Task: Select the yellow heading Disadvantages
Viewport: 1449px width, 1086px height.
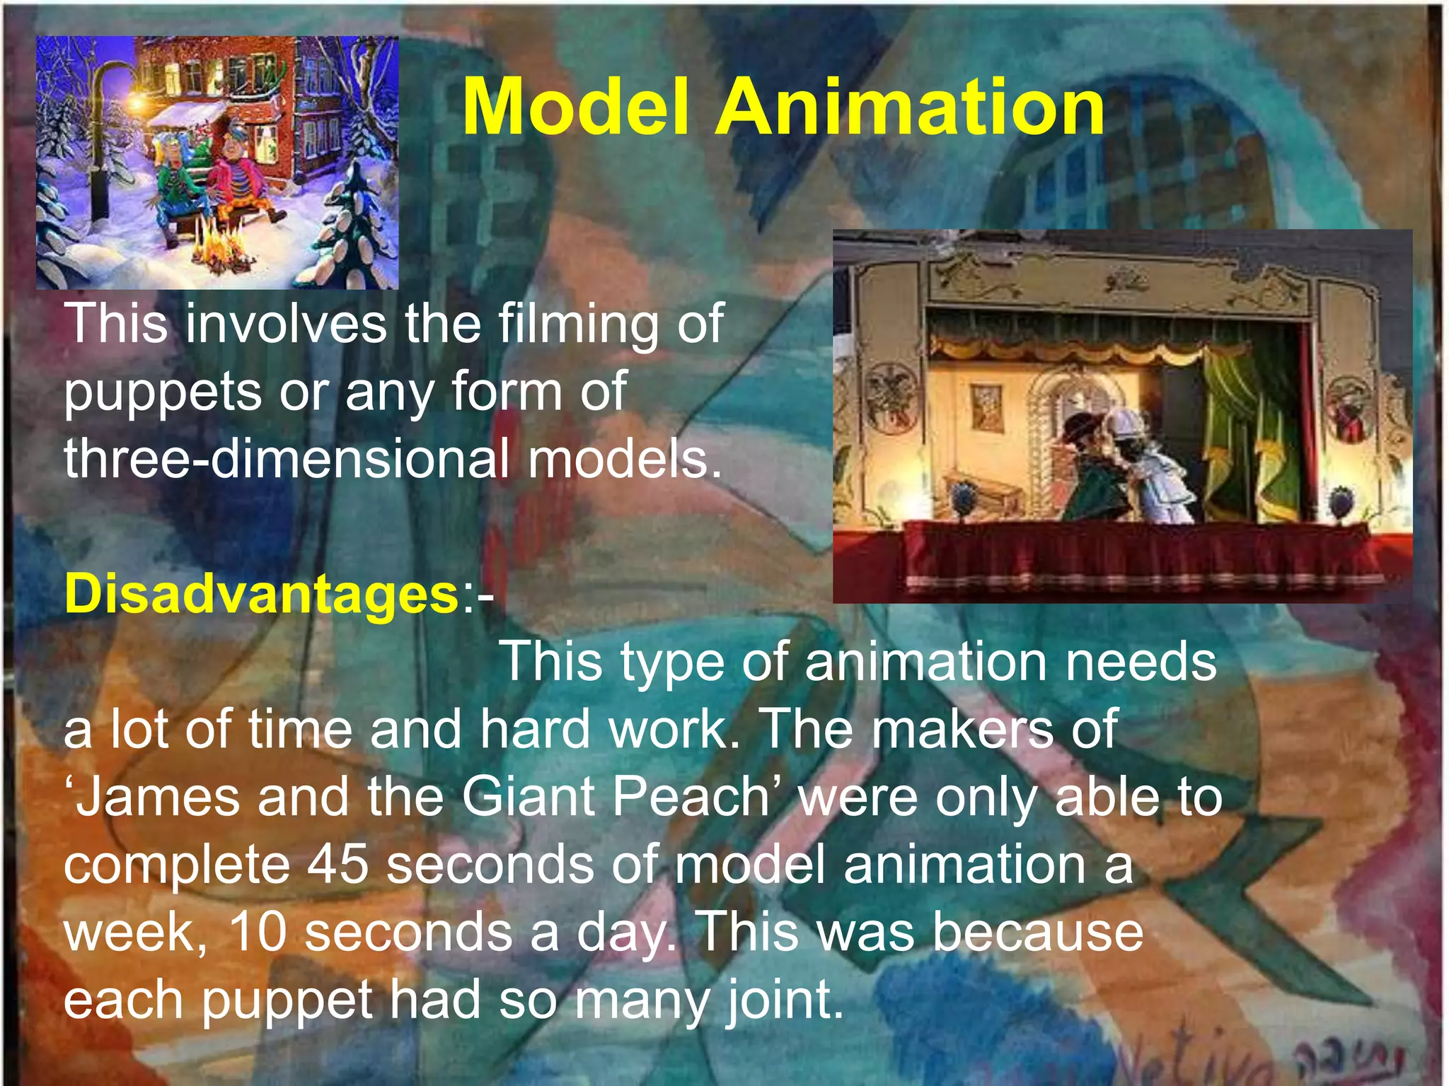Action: tap(262, 594)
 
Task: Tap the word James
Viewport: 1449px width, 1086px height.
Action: tap(158, 798)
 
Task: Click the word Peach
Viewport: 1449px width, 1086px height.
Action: tap(691, 798)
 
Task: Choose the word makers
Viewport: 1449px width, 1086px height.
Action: tap(962, 730)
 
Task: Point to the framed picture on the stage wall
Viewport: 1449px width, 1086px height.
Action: tap(986, 406)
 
